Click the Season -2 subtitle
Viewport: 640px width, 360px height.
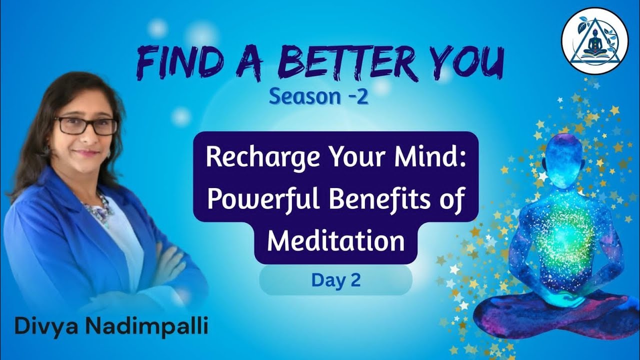click(318, 96)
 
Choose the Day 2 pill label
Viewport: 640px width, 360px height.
click(335, 280)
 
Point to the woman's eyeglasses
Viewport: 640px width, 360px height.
click(85, 125)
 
